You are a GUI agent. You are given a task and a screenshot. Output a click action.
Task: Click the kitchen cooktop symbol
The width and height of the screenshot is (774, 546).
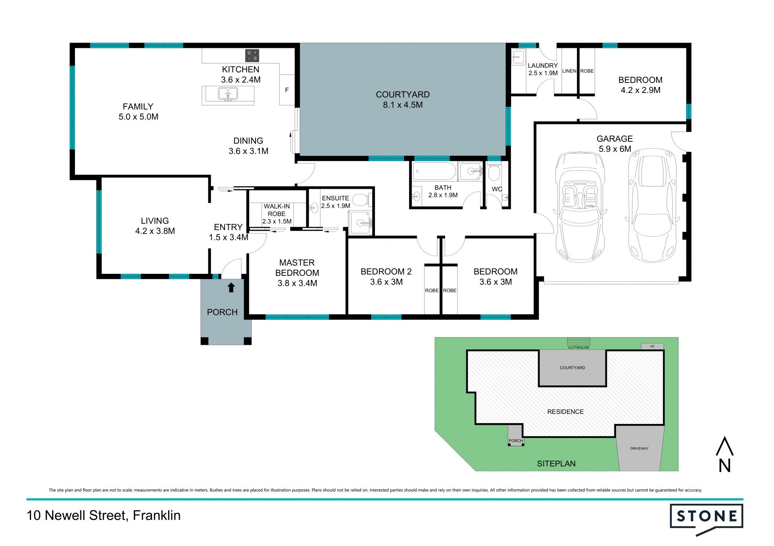252,56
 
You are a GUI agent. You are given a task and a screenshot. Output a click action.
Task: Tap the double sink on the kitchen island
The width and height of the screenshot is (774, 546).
228,94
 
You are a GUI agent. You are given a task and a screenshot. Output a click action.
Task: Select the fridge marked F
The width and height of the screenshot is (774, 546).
287,90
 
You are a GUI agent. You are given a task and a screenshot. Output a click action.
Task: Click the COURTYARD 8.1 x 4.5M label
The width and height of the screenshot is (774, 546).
403,99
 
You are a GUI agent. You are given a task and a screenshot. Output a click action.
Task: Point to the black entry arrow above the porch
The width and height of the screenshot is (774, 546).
231,287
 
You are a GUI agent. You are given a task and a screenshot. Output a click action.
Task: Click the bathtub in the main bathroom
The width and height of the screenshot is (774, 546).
434,172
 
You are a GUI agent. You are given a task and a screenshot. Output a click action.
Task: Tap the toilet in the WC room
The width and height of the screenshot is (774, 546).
494,172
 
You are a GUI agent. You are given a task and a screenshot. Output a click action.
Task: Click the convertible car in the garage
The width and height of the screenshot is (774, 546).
580,207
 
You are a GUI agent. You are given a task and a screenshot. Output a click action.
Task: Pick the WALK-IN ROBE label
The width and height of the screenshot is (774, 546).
277,210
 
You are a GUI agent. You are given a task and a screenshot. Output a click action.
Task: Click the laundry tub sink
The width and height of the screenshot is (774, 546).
518,58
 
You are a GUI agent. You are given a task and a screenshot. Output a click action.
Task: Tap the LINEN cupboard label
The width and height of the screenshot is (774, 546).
569,71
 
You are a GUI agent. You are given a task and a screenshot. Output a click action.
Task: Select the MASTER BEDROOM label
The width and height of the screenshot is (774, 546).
297,267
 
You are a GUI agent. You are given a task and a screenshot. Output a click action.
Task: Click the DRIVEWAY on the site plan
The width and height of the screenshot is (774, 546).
639,448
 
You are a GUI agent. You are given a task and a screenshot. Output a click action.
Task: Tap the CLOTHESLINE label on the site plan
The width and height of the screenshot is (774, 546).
578,347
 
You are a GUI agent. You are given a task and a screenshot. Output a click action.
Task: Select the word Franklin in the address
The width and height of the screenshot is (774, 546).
157,515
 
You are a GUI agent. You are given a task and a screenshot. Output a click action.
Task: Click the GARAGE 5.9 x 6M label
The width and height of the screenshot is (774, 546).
615,144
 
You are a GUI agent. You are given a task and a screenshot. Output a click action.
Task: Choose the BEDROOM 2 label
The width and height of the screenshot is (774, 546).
386,271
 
